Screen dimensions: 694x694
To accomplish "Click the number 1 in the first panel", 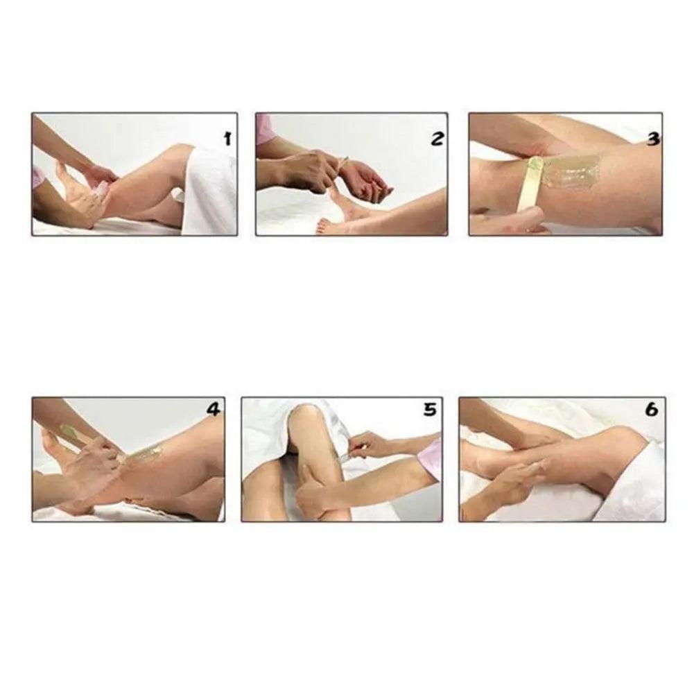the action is tap(227, 139).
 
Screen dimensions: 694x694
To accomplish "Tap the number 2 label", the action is tap(437, 139).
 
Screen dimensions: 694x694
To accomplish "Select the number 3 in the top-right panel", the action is tap(653, 139).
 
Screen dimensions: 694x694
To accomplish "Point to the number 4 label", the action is tap(214, 410).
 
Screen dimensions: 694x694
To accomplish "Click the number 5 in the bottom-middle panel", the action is tap(430, 410).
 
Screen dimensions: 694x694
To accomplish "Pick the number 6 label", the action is tap(652, 410).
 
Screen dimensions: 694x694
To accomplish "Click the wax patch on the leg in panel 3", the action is tap(571, 170).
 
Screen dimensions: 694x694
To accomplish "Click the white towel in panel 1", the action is tap(209, 191).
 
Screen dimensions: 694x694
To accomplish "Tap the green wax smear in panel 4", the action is tap(150, 452).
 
